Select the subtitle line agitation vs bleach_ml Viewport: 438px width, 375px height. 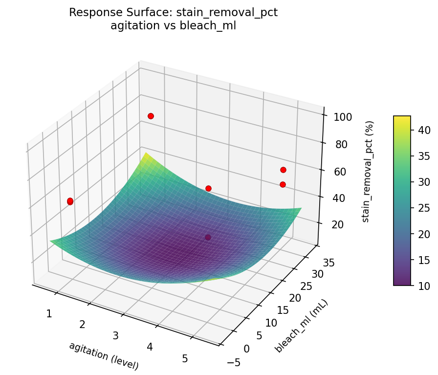pyautogui.click(x=173, y=26)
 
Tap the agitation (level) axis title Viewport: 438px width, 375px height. pyautogui.click(x=104, y=355)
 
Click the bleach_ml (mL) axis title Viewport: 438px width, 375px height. pyautogui.click(x=301, y=326)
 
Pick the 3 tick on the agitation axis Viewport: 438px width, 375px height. pyautogui.click(x=116, y=335)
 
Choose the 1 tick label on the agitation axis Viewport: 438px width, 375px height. pyautogui.click(x=49, y=313)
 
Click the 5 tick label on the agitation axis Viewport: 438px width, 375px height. pyautogui.click(x=185, y=358)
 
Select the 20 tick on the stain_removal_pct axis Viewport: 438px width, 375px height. pyautogui.click(x=333, y=224)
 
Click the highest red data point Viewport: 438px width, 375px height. pyautogui.click(x=151, y=116)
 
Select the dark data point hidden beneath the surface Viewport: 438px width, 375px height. pyautogui.click(x=208, y=238)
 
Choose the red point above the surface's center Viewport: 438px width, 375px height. pyautogui.click(x=208, y=188)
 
